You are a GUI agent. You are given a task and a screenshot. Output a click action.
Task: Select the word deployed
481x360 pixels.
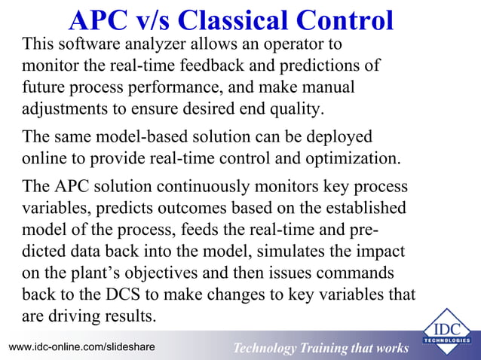pyautogui.click(x=339, y=138)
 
